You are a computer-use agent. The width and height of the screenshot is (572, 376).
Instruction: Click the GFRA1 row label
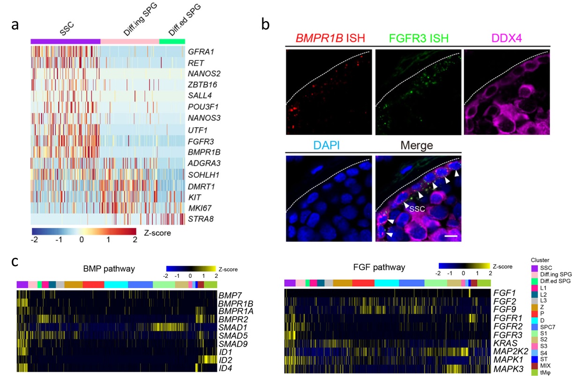coord(199,51)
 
